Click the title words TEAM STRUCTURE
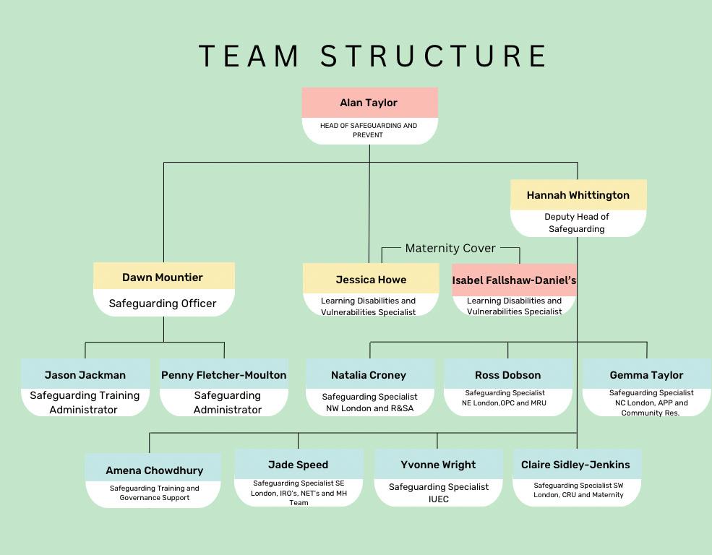372,56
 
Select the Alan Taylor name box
369,103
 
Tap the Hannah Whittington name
578,195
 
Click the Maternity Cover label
450,248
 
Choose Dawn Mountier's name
163,277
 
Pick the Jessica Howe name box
371,280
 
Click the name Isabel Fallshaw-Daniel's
514,280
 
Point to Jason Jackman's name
85,375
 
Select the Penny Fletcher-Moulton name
223,375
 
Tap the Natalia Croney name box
369,375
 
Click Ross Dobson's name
507,375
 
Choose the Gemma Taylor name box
646,375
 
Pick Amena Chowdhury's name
154,470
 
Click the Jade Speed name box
298,465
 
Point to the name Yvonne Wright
438,465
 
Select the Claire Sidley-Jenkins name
575,465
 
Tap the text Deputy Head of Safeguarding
577,223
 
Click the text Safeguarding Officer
163,304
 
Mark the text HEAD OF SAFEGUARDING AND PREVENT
369,130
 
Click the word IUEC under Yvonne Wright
438,499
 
